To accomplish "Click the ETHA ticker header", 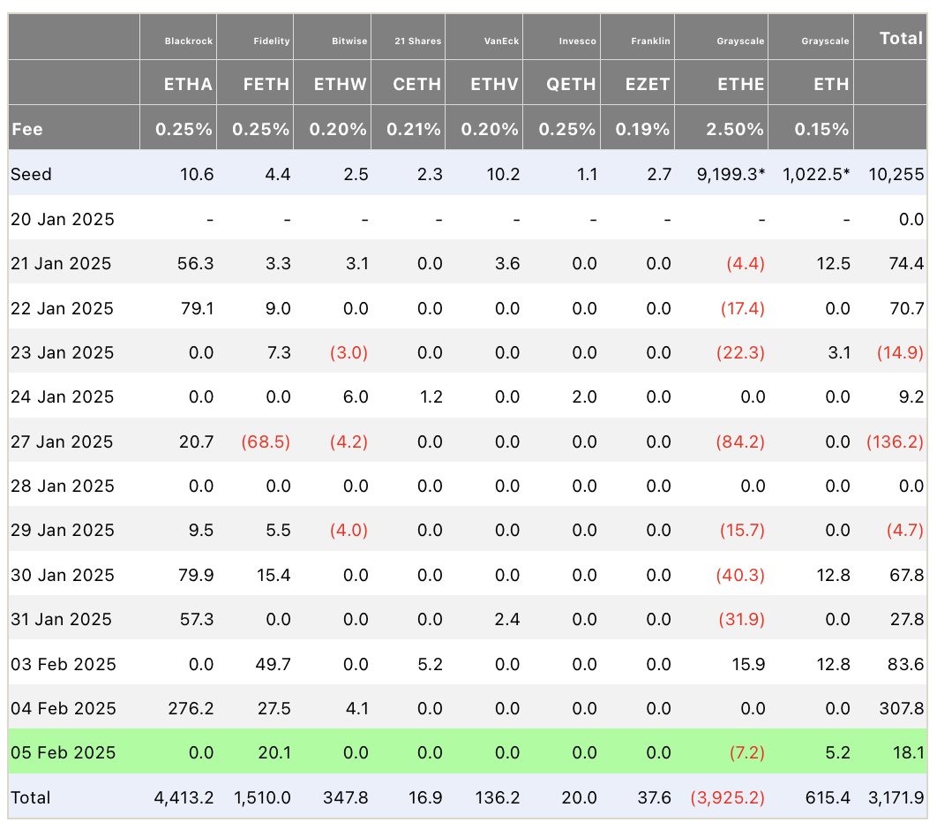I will click(x=188, y=85).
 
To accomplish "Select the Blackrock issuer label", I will click(x=189, y=41).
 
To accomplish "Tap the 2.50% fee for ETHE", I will click(x=735, y=129).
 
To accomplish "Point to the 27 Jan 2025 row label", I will click(x=62, y=441).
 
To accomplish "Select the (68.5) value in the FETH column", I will click(x=266, y=441).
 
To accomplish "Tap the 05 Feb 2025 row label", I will click(x=63, y=752).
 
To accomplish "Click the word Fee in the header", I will click(x=27, y=129).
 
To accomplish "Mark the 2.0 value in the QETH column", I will click(x=585, y=396).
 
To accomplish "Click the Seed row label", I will click(x=32, y=174).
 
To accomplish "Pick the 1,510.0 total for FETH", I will click(x=262, y=797).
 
